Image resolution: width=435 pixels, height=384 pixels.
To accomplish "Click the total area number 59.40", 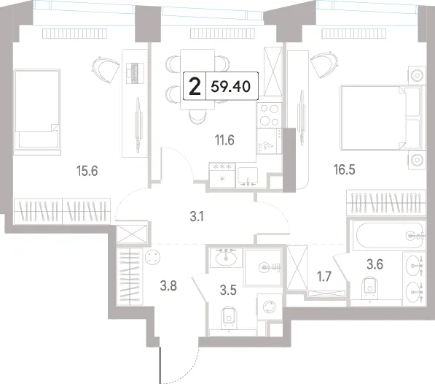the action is point(230,86).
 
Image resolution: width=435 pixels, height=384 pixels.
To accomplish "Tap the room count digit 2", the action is point(195,87).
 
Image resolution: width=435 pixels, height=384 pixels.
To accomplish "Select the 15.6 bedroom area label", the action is point(87,171).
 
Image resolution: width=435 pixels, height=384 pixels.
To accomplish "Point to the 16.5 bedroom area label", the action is point(344,169).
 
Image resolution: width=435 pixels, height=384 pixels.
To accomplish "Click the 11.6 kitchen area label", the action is point(224,140).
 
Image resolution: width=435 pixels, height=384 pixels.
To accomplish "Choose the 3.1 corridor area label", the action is point(197,216).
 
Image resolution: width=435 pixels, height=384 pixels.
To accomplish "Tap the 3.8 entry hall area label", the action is point(168,285).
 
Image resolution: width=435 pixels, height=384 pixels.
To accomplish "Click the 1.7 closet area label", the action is point(324,277).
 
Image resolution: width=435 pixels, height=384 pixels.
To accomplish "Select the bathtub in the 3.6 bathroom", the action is point(388,236).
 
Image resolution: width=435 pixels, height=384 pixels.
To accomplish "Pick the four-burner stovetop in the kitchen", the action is point(269,115).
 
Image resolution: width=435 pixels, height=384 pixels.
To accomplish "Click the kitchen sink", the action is point(248,177).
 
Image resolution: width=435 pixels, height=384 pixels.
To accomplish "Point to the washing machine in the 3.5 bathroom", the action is point(269,307).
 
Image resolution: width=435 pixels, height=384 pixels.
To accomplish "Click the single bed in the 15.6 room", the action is point(37,112).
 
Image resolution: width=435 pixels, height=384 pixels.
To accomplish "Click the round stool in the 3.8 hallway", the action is point(152,257).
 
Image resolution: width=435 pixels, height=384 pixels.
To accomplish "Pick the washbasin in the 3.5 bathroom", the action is point(226,257).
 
